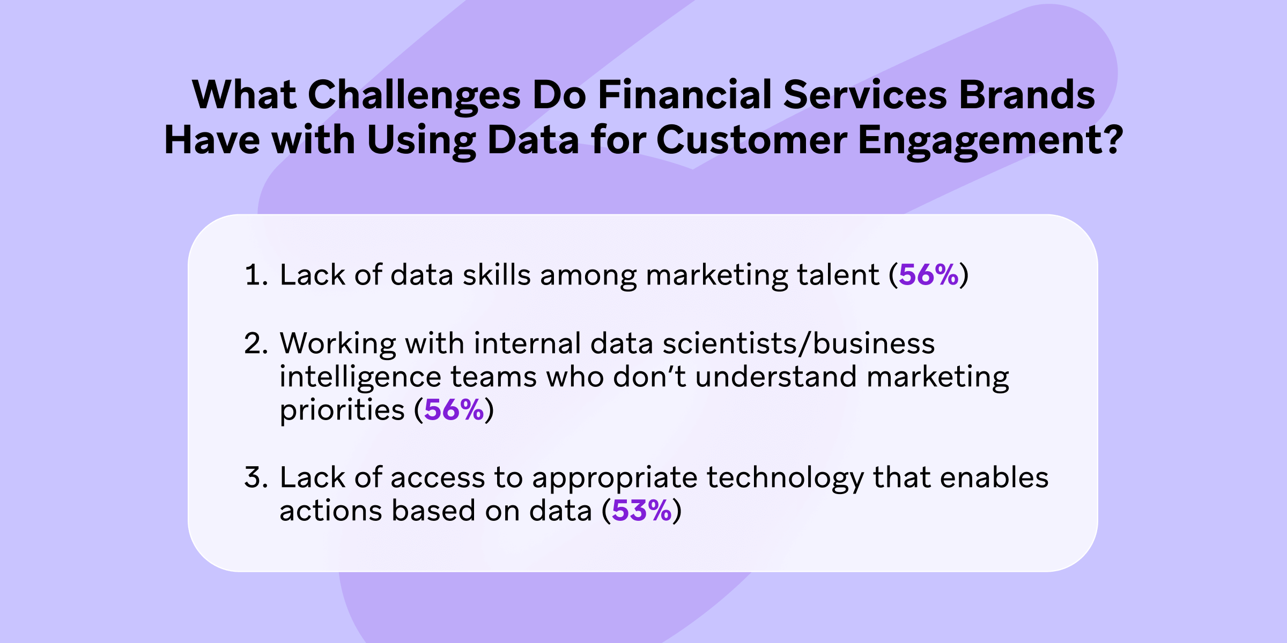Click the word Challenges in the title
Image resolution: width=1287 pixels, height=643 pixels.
pyautogui.click(x=413, y=95)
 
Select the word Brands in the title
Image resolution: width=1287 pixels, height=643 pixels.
pyautogui.click(x=1026, y=95)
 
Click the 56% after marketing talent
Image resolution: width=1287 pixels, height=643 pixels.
pyautogui.click(x=928, y=275)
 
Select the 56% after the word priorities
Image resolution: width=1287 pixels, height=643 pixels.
pyautogui.click(x=454, y=410)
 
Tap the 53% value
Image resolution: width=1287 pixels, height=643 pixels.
pyautogui.click(x=641, y=510)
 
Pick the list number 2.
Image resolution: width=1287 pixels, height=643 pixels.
pyautogui.click(x=254, y=343)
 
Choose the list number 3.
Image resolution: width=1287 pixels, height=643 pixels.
pyautogui.click(x=254, y=477)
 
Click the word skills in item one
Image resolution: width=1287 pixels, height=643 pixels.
pyautogui.click(x=497, y=275)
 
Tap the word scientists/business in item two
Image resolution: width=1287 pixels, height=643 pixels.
pyautogui.click(x=798, y=343)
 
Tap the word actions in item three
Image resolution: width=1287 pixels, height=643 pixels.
pyautogui.click(x=330, y=511)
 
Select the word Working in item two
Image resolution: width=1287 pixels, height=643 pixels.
pyautogui.click(x=337, y=343)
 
